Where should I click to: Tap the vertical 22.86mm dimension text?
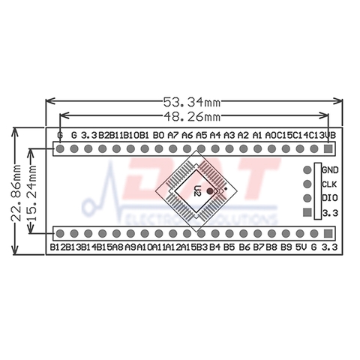(x=15, y=192)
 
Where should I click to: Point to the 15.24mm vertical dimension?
(x=32, y=192)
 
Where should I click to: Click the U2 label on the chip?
(x=197, y=190)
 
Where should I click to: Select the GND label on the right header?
(x=330, y=170)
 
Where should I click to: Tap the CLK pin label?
(x=330, y=184)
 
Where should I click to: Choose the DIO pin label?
(x=330, y=199)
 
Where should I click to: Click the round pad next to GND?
(x=307, y=170)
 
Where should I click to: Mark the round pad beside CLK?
(x=307, y=184)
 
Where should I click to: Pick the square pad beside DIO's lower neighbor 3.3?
(x=307, y=214)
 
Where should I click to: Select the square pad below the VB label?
(x=328, y=148)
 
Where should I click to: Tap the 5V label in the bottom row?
(x=300, y=246)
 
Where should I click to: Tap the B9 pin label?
(x=286, y=246)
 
